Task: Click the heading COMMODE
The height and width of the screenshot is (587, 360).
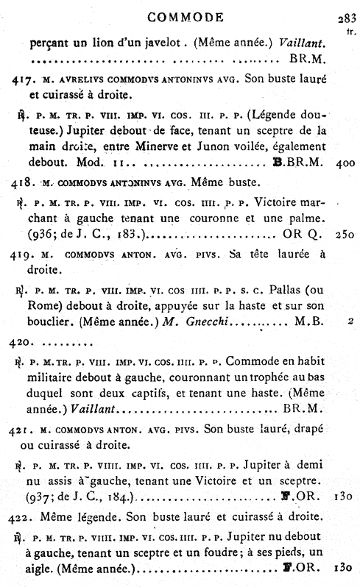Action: coord(180,16)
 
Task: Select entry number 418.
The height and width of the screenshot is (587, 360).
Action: coord(17,180)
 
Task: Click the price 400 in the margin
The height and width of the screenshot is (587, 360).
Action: coord(345,161)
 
